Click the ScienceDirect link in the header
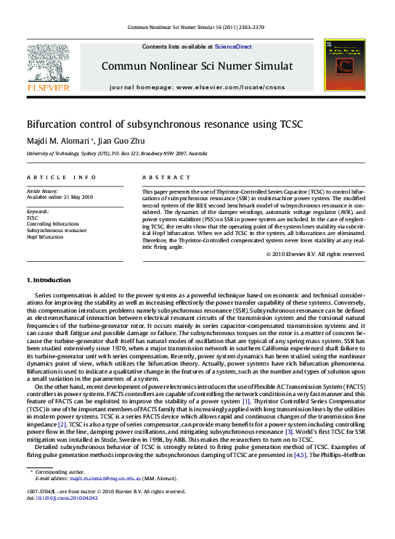click(x=233, y=46)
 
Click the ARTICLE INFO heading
click(x=61, y=177)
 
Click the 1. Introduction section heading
click(x=49, y=280)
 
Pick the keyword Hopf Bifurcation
click(x=46, y=236)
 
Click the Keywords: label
click(x=38, y=211)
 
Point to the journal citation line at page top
click(x=196, y=27)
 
